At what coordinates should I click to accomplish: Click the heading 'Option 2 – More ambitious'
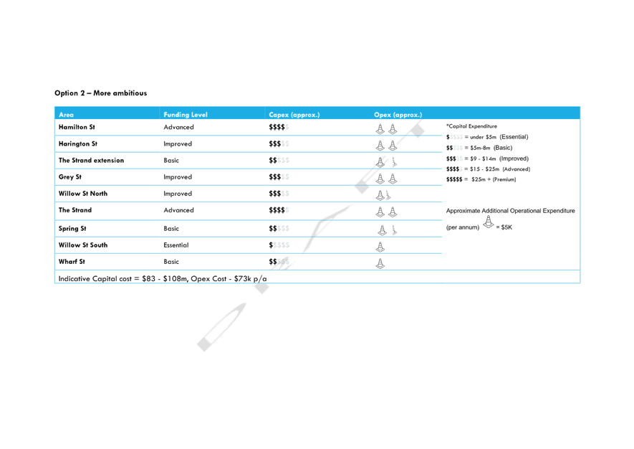point(101,93)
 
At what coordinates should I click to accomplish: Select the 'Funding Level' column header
point(186,115)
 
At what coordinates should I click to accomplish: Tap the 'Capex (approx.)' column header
point(294,115)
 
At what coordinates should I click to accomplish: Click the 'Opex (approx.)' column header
point(398,115)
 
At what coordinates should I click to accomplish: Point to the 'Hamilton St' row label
point(77,127)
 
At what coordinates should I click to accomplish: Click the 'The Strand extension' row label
point(92,161)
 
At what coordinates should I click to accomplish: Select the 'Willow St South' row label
point(83,245)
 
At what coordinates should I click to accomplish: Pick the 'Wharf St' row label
point(72,262)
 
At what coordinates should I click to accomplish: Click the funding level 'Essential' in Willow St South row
point(176,245)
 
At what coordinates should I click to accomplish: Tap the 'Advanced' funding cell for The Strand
point(178,210)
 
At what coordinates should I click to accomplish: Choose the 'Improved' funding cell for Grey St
point(178,177)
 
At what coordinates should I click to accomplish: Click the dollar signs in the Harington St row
point(279,143)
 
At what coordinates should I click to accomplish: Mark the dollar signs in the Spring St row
point(279,228)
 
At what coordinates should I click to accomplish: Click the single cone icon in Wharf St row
point(380,263)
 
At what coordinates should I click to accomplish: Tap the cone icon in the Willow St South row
point(380,247)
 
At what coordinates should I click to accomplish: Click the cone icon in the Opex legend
point(489,222)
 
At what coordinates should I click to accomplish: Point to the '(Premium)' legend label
point(504,179)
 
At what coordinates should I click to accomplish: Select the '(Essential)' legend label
point(514,137)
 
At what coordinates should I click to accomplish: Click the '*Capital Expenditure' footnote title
point(471,126)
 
